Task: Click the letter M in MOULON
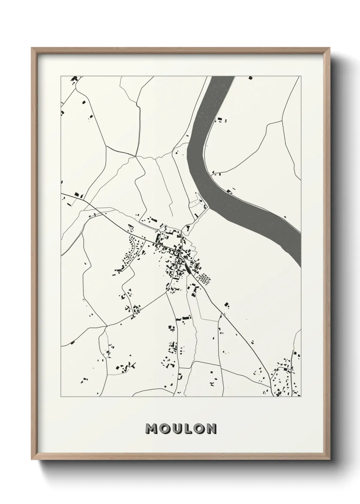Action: pyautogui.click(x=151, y=429)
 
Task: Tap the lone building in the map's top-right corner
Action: pyautogui.click(x=251, y=78)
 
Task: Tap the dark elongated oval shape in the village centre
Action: pyautogui.click(x=188, y=270)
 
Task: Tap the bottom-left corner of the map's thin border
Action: pyautogui.click(x=61, y=397)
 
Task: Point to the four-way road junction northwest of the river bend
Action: pyautogui.click(x=136, y=156)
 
